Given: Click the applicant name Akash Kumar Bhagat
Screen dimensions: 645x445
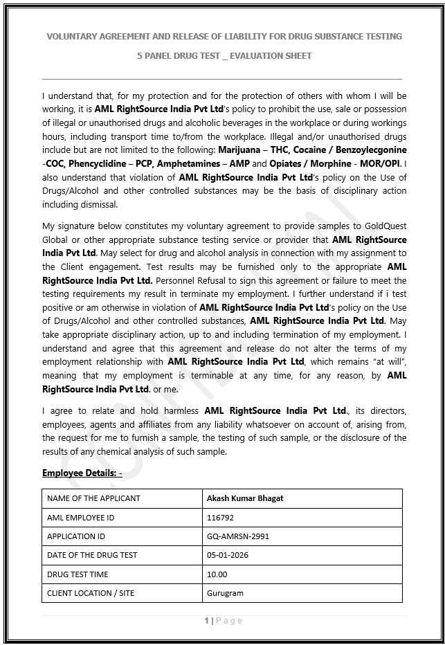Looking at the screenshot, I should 245,498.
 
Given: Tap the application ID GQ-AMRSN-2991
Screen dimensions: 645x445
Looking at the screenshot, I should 237,536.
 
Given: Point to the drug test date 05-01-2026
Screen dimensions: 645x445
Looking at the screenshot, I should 228,555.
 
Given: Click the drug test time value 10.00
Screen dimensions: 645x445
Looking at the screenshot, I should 217,574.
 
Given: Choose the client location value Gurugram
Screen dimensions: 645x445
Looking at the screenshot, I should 225,593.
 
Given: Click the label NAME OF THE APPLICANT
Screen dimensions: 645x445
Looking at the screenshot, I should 93,498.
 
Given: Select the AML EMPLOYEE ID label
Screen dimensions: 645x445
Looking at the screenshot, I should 81,517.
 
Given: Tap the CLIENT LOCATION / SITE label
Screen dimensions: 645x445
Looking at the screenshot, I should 91,593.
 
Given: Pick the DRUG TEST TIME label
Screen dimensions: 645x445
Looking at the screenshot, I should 78,574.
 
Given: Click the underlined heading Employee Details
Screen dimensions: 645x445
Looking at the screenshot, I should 82,473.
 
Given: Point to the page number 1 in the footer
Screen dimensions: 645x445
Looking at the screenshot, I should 206,621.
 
